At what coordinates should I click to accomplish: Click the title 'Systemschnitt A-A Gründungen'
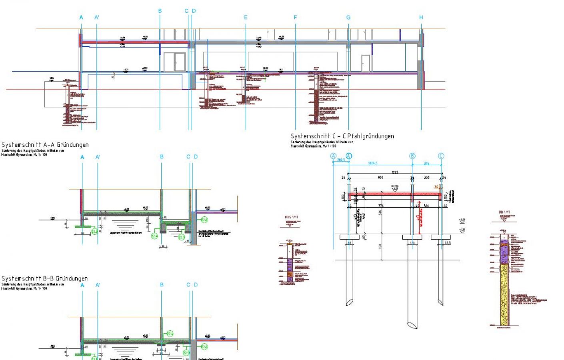(45, 145)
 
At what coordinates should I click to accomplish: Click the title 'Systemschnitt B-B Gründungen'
(44, 278)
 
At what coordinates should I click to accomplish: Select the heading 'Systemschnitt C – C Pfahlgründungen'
(342, 136)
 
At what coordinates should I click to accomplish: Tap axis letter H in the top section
(421, 18)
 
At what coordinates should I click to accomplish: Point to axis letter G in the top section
(348, 18)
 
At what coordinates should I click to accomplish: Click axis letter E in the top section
(246, 18)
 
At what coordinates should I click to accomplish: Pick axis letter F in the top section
(295, 18)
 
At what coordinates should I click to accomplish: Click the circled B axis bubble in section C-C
(412, 156)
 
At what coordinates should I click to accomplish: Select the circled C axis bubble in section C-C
(441, 156)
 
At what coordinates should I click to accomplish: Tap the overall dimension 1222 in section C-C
(395, 172)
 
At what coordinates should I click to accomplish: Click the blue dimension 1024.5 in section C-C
(372, 163)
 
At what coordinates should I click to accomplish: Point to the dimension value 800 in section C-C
(380, 177)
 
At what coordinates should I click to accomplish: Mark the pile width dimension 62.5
(447, 243)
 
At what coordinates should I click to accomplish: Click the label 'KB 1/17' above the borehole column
(504, 212)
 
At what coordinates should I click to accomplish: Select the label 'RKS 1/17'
(291, 217)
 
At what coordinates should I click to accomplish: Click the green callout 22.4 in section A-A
(154, 236)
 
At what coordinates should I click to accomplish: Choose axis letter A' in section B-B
(98, 285)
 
